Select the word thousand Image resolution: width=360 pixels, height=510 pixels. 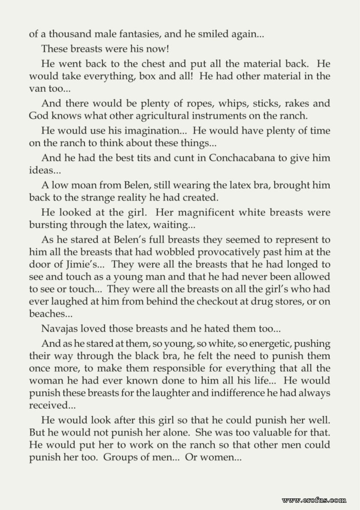tap(59, 34)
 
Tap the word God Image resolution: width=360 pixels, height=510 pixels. tap(38, 116)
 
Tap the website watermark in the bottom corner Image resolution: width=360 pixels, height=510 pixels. tap(314, 499)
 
